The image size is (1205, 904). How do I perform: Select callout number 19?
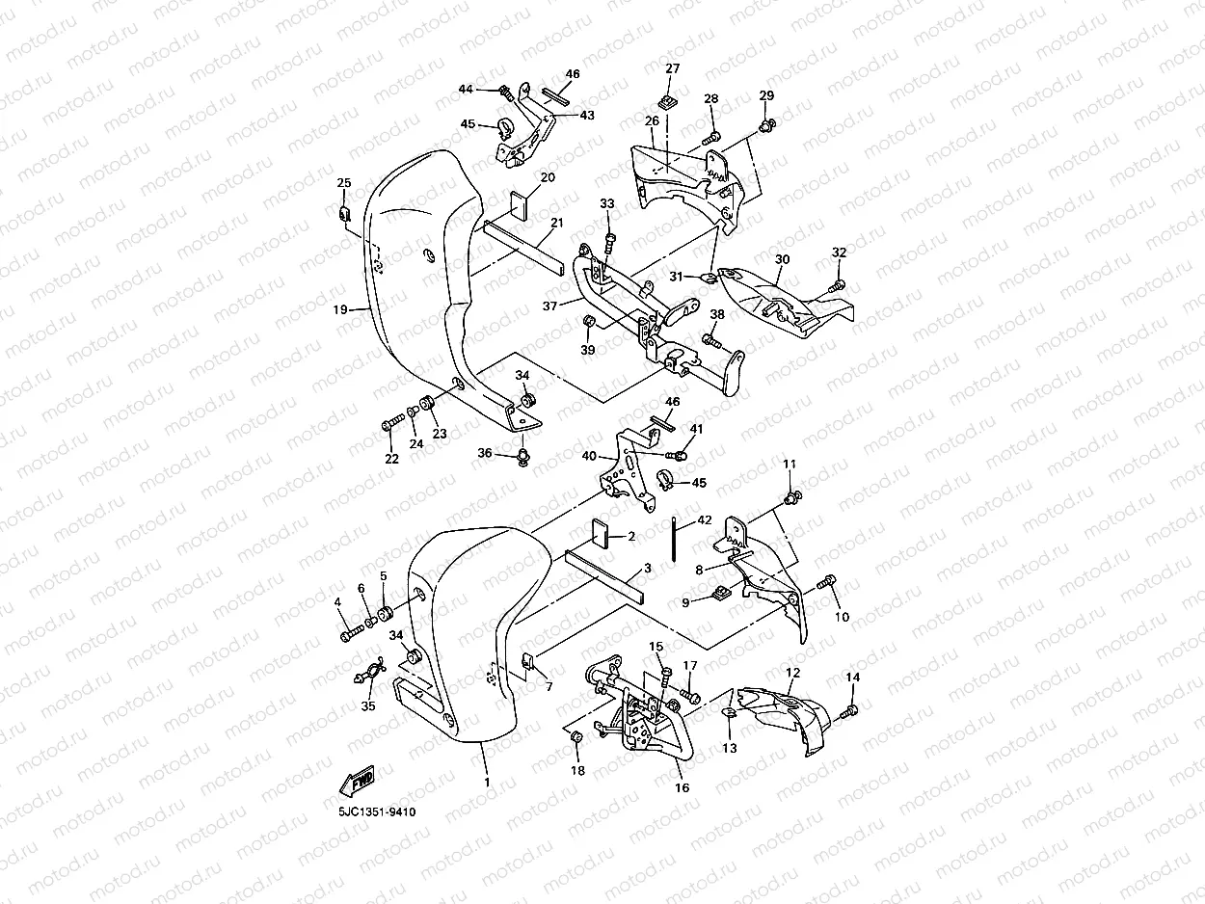[340, 309]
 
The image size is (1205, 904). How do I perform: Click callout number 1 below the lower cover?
[487, 782]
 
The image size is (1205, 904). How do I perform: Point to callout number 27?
[672, 68]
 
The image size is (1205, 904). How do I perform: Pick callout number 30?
[782, 260]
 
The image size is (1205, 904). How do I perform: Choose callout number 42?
[705, 520]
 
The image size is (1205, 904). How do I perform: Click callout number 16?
[683, 787]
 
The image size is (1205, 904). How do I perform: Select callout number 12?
[792, 673]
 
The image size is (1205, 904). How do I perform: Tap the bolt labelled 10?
[827, 583]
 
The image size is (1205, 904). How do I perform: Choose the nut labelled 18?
[577, 737]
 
